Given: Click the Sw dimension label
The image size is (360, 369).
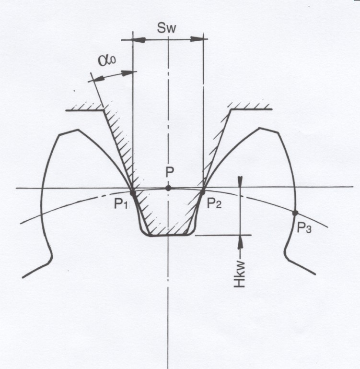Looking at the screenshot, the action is point(166,28).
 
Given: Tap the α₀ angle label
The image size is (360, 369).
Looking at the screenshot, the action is point(107,60).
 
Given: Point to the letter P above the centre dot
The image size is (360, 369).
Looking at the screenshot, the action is point(169,172).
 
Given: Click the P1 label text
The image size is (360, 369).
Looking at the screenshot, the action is point(121,203).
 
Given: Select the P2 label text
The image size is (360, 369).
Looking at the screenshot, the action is point(214,203).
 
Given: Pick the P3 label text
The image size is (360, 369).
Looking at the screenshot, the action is point(304,227).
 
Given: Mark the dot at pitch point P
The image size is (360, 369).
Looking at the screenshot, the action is point(168,188).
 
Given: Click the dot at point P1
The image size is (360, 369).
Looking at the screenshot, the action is point(133,193).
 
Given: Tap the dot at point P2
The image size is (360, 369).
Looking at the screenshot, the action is point(202,192).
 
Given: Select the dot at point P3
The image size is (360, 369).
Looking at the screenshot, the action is point(295,213).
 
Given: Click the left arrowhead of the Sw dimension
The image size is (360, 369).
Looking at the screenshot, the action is point(139,40).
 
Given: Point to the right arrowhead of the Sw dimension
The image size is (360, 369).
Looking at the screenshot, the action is point(197,39).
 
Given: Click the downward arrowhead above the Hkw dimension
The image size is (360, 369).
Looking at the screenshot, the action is point(240,181).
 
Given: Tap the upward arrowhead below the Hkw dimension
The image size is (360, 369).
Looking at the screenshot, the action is point(240,241).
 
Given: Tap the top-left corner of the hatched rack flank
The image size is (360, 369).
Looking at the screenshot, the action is point(104,110).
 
